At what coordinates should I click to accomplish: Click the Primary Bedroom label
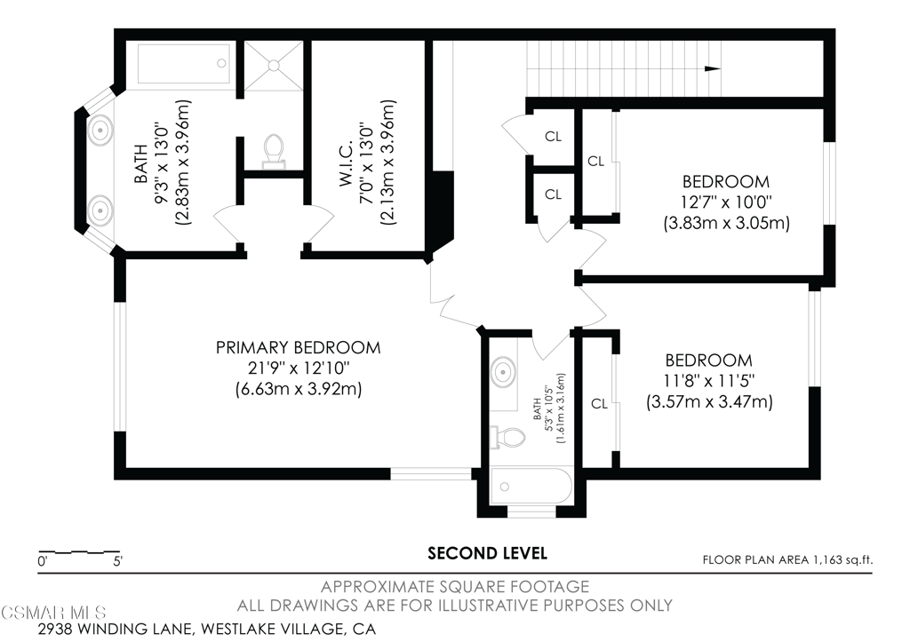299,347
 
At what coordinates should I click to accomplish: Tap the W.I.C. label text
347,162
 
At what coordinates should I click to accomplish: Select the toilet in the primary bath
274,151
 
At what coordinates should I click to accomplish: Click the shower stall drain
274,66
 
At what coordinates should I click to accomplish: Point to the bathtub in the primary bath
185,64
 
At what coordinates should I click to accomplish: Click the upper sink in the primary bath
100,130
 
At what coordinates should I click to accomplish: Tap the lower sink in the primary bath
100,208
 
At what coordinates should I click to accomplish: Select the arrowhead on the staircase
713,68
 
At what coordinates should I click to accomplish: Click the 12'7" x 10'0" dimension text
727,202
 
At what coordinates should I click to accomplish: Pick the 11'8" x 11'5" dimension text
709,381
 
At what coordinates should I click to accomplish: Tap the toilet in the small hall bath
507,437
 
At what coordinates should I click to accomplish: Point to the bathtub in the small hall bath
531,486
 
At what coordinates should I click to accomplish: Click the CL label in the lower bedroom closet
599,404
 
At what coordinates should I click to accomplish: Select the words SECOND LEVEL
488,553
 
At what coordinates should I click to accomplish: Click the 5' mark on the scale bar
118,561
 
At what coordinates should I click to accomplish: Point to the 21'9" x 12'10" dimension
299,368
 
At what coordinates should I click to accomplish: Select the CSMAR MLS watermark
54,613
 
